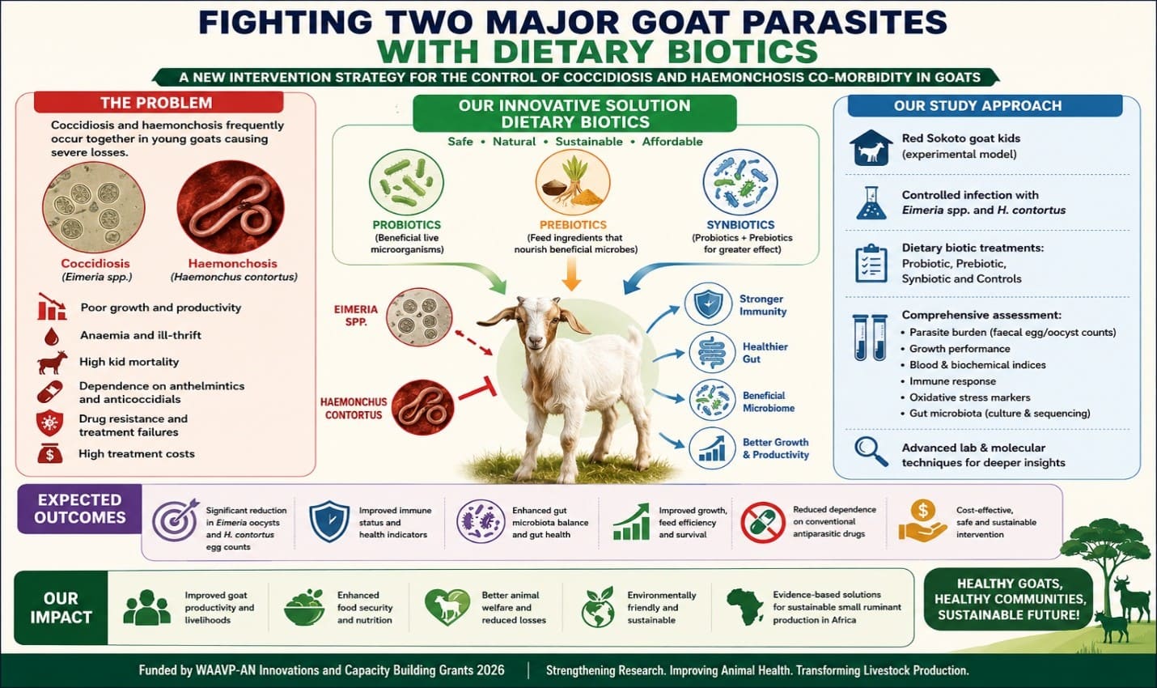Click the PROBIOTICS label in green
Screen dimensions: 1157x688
[x=406, y=225]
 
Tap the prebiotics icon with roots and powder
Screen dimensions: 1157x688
[x=573, y=182]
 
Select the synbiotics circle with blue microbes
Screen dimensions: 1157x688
[x=740, y=182]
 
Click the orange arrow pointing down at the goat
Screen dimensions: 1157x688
[x=571, y=274]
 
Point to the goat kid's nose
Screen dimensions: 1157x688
[x=536, y=340]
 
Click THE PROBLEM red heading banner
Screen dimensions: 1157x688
[x=159, y=102]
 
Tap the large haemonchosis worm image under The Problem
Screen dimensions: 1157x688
[x=231, y=206]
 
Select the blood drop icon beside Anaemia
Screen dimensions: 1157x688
[x=51, y=337]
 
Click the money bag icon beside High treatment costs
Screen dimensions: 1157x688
[x=50, y=453]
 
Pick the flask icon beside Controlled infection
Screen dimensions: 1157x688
[x=871, y=202]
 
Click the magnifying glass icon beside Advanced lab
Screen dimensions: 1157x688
[x=871, y=452]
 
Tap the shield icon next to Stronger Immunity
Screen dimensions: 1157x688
[x=708, y=305]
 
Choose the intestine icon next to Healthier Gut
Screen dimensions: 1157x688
[x=712, y=353]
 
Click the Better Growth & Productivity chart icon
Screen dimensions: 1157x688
[x=712, y=448]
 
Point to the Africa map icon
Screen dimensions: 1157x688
[x=745, y=607]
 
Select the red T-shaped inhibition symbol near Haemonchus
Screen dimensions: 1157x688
[x=478, y=390]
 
